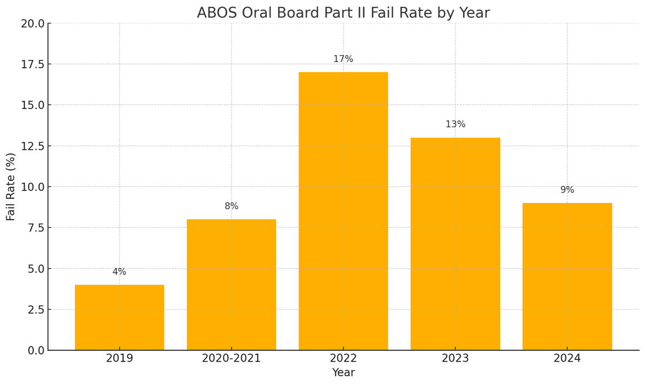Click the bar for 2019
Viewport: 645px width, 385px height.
coord(119,317)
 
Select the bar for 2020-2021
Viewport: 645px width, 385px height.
coord(231,284)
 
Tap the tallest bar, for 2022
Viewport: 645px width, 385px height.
coord(343,211)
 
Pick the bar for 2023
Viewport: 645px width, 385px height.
coord(455,243)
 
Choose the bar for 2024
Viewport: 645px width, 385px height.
coord(567,276)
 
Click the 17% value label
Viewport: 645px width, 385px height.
coord(343,59)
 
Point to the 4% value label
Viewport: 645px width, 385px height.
coord(119,272)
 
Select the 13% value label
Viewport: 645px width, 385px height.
coord(455,125)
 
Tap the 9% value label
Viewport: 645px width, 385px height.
coord(567,190)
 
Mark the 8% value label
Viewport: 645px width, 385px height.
coord(231,207)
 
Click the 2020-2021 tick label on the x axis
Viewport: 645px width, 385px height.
coord(231,358)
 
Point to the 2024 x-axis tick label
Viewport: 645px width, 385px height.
coord(567,358)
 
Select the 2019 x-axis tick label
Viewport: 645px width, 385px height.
coord(119,358)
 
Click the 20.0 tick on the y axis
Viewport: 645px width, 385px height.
coord(32,23)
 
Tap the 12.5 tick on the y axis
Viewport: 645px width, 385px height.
coord(32,146)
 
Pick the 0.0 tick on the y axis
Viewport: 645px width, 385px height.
coord(35,350)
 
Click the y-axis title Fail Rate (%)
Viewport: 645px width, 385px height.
coord(11,187)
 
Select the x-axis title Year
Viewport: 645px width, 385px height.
coord(343,373)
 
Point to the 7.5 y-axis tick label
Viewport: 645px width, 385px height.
coord(35,228)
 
